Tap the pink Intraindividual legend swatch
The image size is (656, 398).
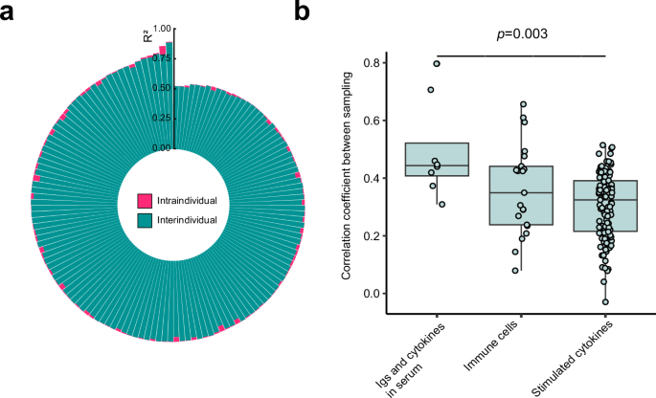[146, 201]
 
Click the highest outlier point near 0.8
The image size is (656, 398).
[437, 64]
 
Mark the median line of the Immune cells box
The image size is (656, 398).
[521, 192]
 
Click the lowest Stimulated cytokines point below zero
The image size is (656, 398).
[605, 301]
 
